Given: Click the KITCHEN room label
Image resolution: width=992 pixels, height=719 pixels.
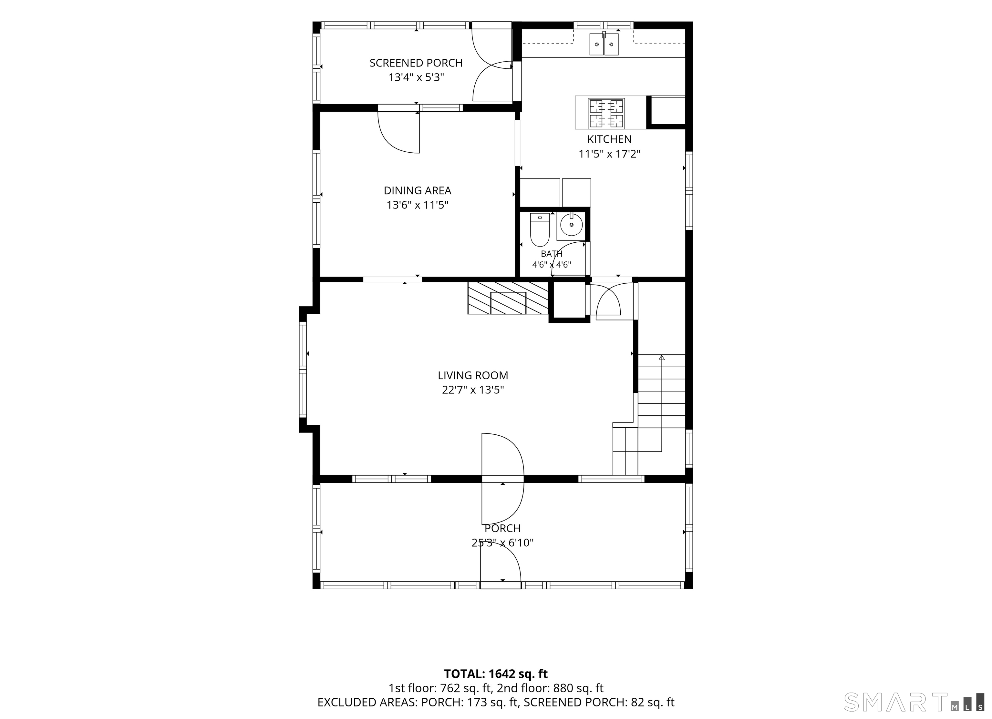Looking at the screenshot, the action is click(609, 139).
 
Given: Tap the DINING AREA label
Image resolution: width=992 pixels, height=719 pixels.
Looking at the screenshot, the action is click(417, 191).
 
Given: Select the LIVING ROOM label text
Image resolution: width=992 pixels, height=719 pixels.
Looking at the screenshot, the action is click(473, 375).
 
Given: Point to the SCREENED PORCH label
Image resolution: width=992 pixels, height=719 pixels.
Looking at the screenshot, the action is click(416, 63).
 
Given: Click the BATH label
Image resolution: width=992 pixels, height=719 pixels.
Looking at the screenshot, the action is click(552, 254).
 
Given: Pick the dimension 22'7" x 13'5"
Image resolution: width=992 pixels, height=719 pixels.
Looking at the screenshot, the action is click(473, 390).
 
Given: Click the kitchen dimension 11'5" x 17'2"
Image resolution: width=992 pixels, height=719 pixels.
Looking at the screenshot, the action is click(609, 154).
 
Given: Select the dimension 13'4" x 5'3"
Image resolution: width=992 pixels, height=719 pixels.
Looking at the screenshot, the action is click(416, 77).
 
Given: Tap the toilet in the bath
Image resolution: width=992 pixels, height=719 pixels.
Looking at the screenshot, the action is click(540, 229).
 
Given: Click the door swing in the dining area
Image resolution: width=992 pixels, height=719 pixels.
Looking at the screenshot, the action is click(398, 132).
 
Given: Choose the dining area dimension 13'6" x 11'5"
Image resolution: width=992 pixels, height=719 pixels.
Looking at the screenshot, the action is click(417, 205).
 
